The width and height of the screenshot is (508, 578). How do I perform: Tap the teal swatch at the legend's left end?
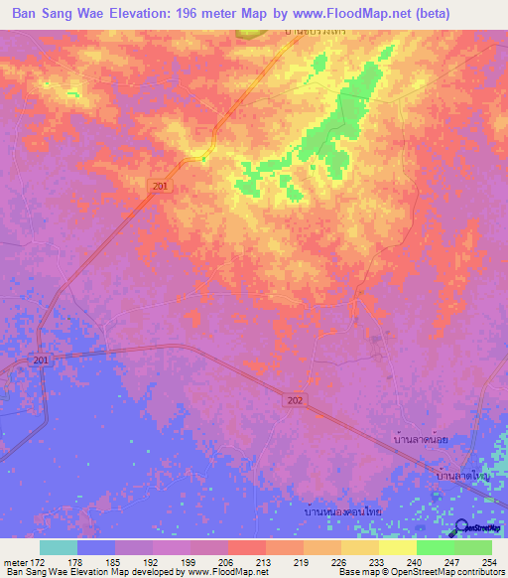(58, 547)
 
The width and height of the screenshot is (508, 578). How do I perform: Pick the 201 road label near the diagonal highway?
(162, 186)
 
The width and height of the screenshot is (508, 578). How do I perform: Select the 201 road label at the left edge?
(41, 360)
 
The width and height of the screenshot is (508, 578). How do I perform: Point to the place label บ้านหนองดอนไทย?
(343, 510)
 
